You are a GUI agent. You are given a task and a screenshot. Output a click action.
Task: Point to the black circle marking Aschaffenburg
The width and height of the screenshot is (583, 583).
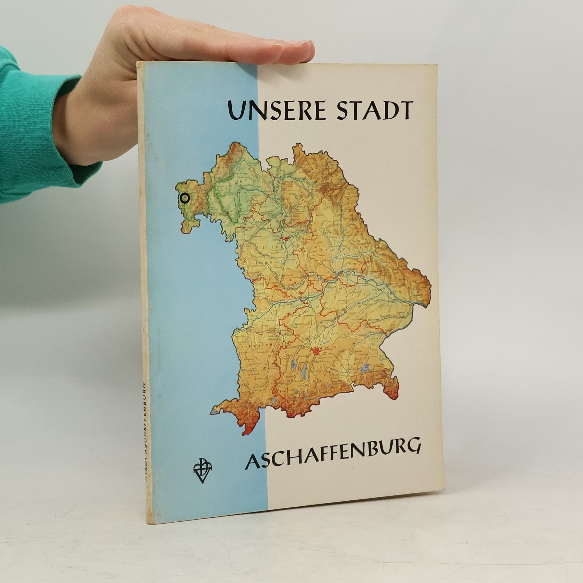[x=184, y=198]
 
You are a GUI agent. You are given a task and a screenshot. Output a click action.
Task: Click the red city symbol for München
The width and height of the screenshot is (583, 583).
[x=316, y=351]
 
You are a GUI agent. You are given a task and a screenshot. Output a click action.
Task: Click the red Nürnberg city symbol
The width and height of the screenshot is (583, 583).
[x=285, y=239]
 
